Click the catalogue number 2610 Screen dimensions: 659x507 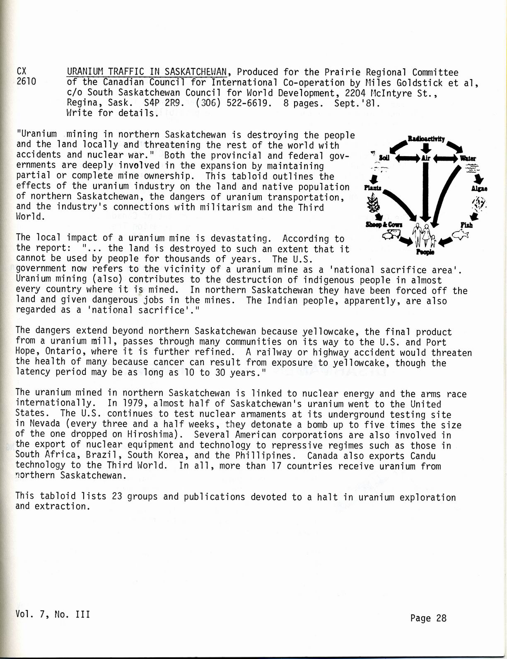pyautogui.click(x=26, y=82)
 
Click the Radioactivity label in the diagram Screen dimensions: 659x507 pyautogui.click(x=426, y=139)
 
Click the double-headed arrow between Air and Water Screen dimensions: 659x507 pyautogui.click(x=444, y=158)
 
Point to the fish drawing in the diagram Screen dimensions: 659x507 pyautogui.click(x=461, y=235)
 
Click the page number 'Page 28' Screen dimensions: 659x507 pyautogui.click(x=428, y=618)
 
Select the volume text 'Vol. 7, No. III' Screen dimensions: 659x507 pyautogui.click(x=53, y=614)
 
